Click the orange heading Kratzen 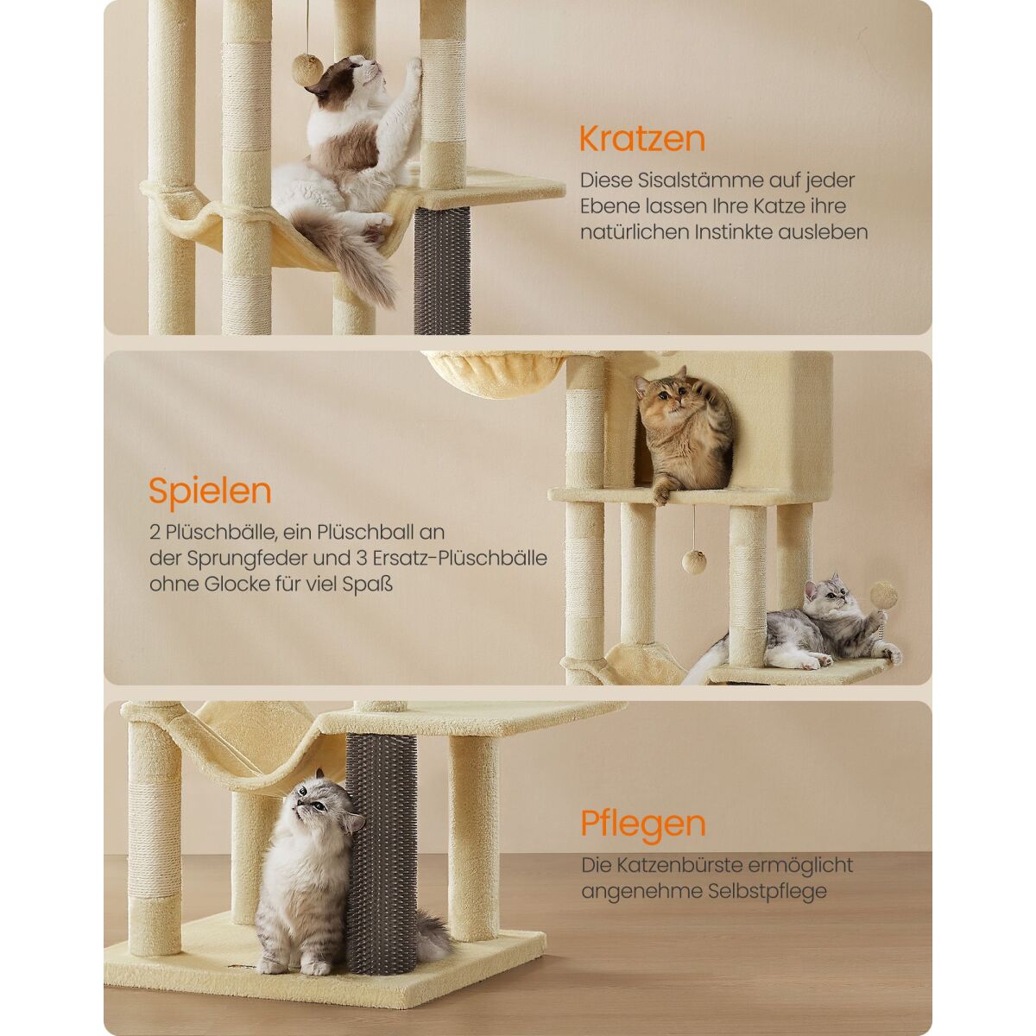click(x=642, y=139)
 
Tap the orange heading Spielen click(x=210, y=491)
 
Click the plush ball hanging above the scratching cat click(x=307, y=70)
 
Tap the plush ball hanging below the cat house click(x=694, y=562)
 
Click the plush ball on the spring click(x=884, y=596)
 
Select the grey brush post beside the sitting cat click(x=380, y=855)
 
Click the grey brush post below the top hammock click(x=441, y=270)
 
